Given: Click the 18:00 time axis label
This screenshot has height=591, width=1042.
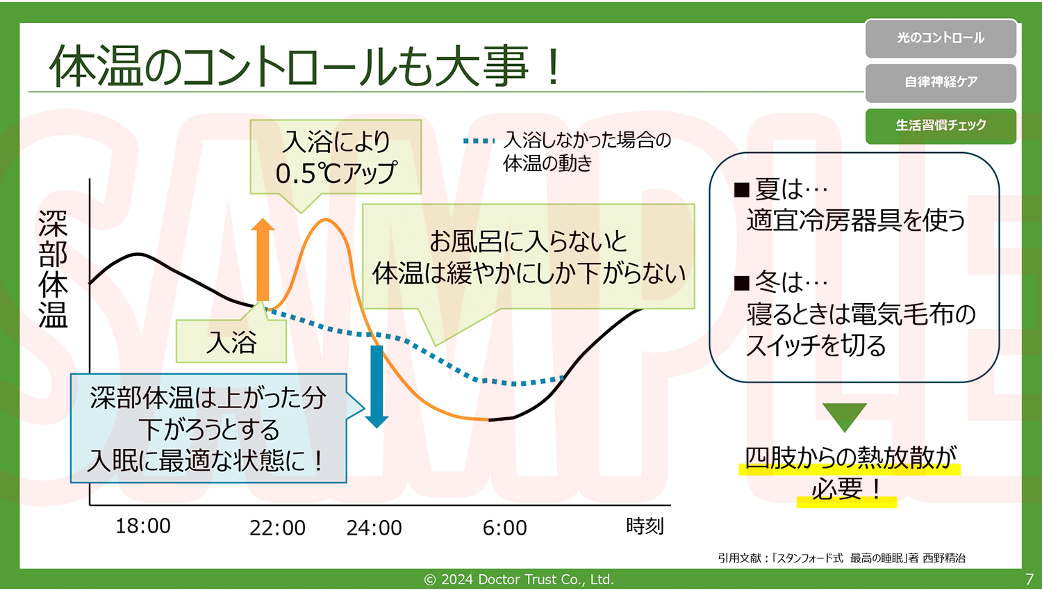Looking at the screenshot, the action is click(143, 526).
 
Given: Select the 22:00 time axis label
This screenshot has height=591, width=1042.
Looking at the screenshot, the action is click(277, 528).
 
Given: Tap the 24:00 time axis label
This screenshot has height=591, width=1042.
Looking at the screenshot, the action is click(374, 528).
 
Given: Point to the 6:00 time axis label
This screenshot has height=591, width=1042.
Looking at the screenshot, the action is click(505, 528).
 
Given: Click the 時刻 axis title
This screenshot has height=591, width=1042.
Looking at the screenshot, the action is click(645, 526).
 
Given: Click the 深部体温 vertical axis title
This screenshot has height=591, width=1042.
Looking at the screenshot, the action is click(53, 269).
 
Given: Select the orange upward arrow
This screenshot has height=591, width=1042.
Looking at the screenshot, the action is click(263, 259).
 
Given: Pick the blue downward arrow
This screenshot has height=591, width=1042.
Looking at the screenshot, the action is click(377, 387).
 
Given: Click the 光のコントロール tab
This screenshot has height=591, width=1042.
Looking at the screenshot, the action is click(941, 38).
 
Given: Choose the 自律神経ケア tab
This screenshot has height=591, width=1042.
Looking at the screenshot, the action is click(941, 83).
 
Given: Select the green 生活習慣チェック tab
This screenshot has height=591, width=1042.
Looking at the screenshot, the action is click(941, 126).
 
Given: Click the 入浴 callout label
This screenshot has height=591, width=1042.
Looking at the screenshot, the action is click(231, 342).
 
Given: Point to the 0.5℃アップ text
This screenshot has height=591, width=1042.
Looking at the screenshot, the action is click(336, 173).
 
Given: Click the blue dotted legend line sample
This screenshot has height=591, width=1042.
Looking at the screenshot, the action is click(479, 140).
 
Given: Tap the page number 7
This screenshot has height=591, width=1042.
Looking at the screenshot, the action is click(1029, 579).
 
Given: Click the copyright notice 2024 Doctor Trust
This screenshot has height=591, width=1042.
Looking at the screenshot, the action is click(519, 579).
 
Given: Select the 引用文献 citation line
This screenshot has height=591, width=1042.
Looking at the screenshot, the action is click(841, 558).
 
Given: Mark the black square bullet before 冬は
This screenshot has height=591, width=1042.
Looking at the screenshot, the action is click(741, 283).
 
